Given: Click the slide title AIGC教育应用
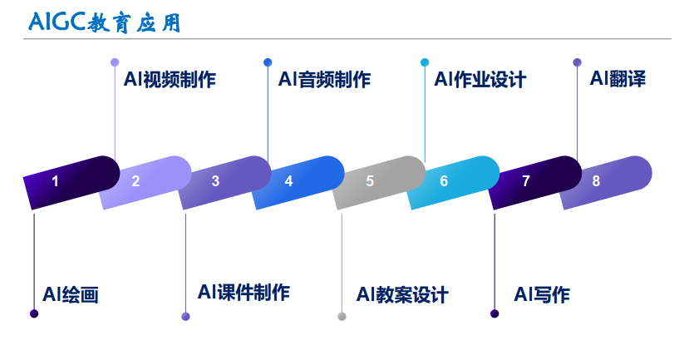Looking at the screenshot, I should coord(104,21).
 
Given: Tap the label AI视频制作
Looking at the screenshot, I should coord(170,80).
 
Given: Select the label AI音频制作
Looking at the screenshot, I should coord(324,80).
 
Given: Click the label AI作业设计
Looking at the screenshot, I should coord(480,80).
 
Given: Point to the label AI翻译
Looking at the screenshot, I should coord(618,79).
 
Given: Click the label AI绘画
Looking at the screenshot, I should coord(71,294).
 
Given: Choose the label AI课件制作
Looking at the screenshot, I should coord(244,293).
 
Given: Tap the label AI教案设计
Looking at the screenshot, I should coord(402,294).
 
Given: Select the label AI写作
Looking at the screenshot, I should coord(542,294).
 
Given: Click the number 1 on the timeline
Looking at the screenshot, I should coord(55,181).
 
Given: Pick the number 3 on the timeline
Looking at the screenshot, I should coord(215,181).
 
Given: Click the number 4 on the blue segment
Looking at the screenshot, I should coord(288,181).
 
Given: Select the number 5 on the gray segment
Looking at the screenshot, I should coord(370,181).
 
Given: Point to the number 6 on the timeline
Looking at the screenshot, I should coord(444,181).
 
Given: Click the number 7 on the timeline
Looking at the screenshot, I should coord(525,181).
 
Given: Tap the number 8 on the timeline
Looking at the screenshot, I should coord(596,181).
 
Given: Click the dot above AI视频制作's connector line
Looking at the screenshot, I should coord(115,62).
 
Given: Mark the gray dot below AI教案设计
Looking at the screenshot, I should coord(342,316).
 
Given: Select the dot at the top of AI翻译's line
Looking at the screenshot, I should coord(578,62).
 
